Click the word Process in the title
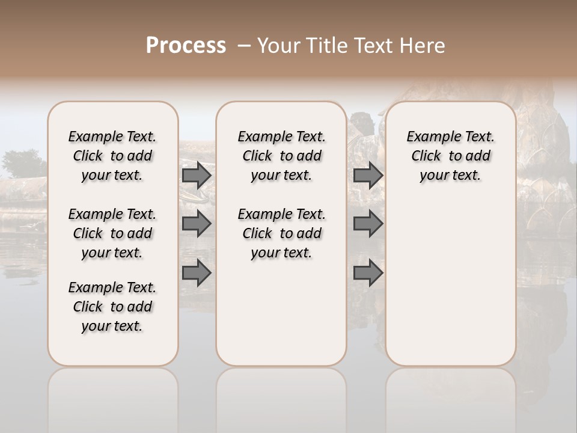(x=186, y=46)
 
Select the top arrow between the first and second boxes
(x=196, y=175)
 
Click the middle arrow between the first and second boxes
(x=196, y=224)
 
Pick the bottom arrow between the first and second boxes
(x=196, y=273)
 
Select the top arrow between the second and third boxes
(x=368, y=175)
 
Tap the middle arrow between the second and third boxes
(x=368, y=224)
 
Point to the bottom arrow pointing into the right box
(x=368, y=273)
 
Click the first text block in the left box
(x=112, y=156)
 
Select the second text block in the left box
(x=112, y=233)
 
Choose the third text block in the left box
(x=112, y=307)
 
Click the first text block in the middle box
(x=281, y=156)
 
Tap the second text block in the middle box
(x=281, y=233)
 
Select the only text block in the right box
(x=450, y=156)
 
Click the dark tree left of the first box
(x=23, y=163)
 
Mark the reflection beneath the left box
(x=113, y=397)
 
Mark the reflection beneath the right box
(x=451, y=397)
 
